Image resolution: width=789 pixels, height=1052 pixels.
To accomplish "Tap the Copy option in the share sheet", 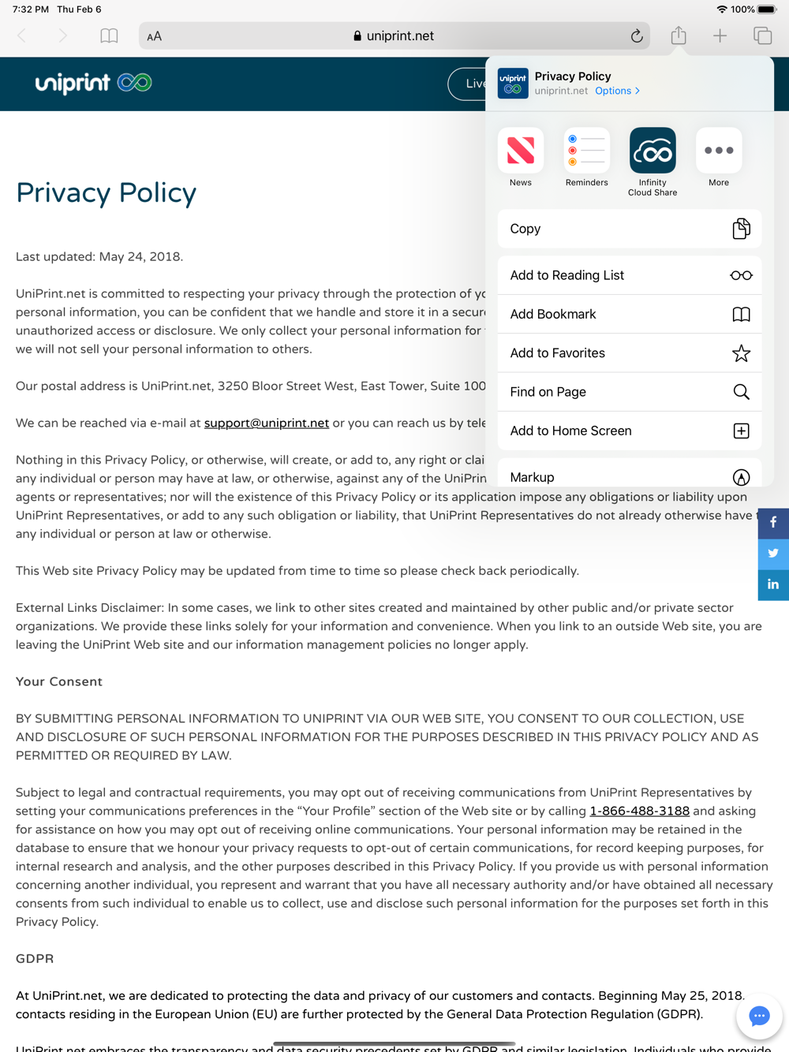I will (629, 229).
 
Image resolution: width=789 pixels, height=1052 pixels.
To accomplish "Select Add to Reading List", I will (629, 275).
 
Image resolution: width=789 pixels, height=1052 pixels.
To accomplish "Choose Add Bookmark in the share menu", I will (629, 314).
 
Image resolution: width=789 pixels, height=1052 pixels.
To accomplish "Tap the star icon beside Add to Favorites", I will (741, 353).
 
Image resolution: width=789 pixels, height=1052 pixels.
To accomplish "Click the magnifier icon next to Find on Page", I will (741, 392).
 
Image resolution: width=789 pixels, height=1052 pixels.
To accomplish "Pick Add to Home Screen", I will (629, 431).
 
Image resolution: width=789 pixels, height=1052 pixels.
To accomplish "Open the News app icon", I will (521, 151).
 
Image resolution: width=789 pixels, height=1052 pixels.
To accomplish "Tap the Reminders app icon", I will (587, 151).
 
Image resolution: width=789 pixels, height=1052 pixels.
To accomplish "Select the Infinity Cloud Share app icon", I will (653, 151).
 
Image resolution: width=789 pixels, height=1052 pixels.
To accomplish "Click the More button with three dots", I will (719, 151).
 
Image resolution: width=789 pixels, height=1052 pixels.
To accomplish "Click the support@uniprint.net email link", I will (267, 423).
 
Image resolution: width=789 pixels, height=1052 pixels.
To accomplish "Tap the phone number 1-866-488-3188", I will (640, 811).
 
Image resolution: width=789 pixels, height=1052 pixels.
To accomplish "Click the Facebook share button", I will (773, 523).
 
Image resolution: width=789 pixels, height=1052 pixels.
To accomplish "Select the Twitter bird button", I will (773, 554).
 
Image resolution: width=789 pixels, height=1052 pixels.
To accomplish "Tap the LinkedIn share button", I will (773, 584).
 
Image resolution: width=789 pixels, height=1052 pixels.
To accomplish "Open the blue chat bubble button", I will (759, 1016).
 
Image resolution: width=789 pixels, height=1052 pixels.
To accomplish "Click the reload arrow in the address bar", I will (637, 36).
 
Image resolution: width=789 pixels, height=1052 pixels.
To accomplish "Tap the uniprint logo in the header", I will (93, 83).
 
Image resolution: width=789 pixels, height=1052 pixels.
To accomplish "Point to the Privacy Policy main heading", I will (107, 193).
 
